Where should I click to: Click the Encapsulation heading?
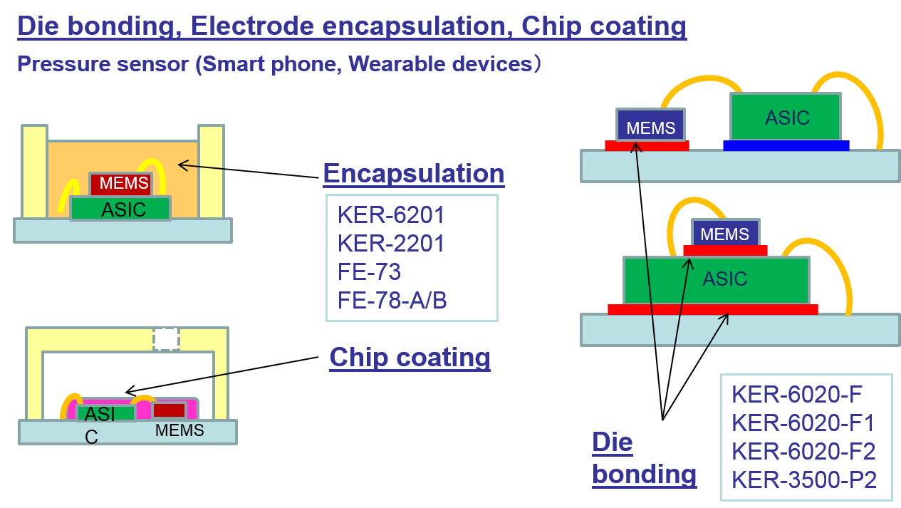click(413, 173)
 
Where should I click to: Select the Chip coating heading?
click(410, 357)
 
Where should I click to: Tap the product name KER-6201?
click(391, 214)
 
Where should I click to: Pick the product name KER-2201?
click(391, 244)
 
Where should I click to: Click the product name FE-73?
click(369, 272)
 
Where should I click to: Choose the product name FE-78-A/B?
click(392, 301)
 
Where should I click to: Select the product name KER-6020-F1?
click(803, 423)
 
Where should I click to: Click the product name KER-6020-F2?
click(803, 452)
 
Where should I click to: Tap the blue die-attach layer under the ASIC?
click(786, 145)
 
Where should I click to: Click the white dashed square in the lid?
click(166, 339)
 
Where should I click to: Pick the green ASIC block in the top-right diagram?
click(786, 117)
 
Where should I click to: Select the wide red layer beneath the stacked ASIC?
click(712, 309)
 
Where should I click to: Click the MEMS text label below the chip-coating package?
click(179, 430)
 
